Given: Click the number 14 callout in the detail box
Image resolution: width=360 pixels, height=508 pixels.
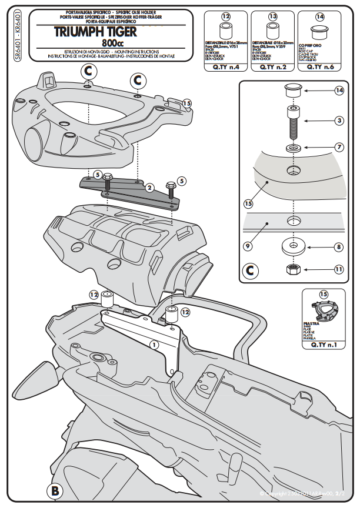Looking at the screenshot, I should click(x=338, y=91).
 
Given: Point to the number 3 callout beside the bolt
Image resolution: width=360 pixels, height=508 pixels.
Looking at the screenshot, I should click(x=339, y=121).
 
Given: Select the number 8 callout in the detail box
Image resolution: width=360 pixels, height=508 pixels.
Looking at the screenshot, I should click(x=339, y=248).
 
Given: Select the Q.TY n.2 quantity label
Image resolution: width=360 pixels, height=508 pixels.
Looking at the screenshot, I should click(x=272, y=67).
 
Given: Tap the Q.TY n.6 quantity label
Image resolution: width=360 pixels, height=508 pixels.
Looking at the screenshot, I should click(x=319, y=67).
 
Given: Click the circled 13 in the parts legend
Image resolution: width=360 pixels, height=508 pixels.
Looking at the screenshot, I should click(x=272, y=16).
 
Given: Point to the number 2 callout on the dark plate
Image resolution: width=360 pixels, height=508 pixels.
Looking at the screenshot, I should click(x=149, y=188).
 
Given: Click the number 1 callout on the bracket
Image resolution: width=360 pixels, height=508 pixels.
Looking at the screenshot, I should click(x=154, y=345).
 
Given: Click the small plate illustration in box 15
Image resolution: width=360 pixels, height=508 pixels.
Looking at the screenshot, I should click(x=322, y=309).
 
